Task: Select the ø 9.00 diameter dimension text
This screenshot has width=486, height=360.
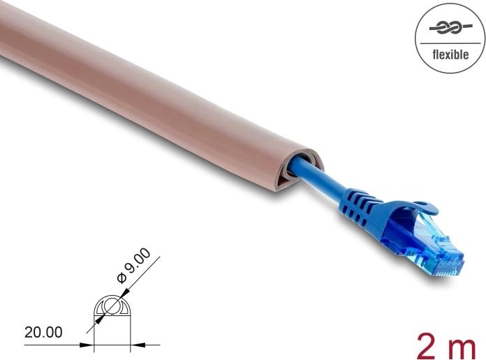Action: pyautogui.click(x=133, y=269)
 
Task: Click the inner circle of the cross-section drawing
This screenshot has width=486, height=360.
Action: pyautogui.click(x=112, y=306)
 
